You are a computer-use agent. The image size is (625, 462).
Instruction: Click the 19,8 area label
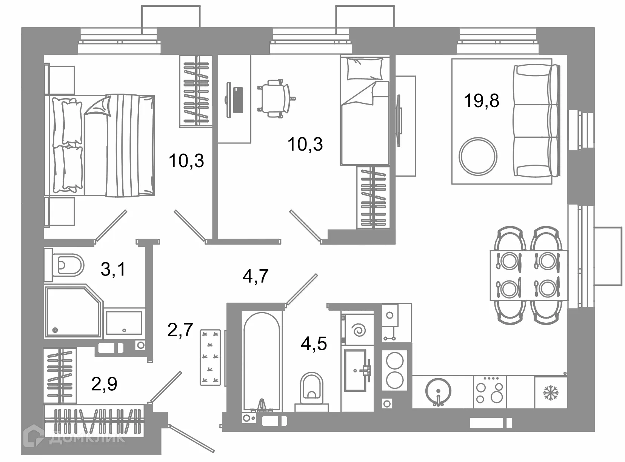pyautogui.click(x=481, y=101)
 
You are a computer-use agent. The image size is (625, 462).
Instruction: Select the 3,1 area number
pyautogui.click(x=113, y=269)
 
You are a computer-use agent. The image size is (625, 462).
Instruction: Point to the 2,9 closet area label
pyautogui.click(x=104, y=383)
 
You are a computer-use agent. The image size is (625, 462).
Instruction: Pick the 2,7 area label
pyautogui.click(x=180, y=330)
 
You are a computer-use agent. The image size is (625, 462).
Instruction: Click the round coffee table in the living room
pyautogui.click(x=478, y=156)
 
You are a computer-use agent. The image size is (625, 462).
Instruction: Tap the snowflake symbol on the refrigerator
pyautogui.click(x=551, y=393)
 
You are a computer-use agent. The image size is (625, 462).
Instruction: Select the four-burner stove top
pyautogui.click(x=490, y=392)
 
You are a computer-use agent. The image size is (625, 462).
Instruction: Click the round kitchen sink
pyautogui.click(x=438, y=391)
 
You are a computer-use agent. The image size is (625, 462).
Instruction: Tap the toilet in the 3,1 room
pyautogui.click(x=65, y=265)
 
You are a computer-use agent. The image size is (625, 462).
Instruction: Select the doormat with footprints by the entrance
pyautogui.click(x=210, y=357)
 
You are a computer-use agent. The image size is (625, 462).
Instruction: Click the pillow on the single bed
pyautogui.click(x=365, y=69)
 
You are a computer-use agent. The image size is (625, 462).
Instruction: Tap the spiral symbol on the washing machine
pyautogui.click(x=359, y=330)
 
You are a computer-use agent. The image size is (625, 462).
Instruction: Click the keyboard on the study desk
pyautogui.click(x=238, y=100)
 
